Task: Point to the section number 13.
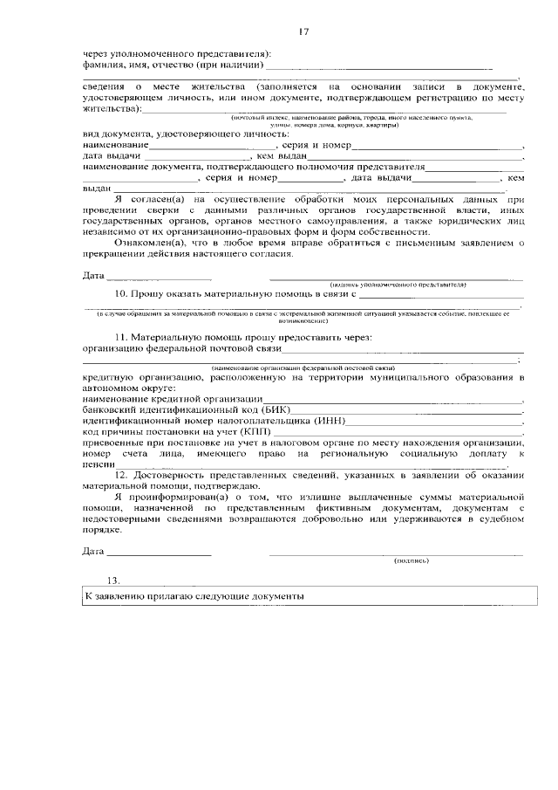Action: coord(112,580)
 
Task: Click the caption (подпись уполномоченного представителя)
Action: coord(397,285)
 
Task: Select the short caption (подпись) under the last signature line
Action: coord(410,560)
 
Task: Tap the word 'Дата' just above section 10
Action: coord(93,276)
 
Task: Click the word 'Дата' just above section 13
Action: coord(93,552)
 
